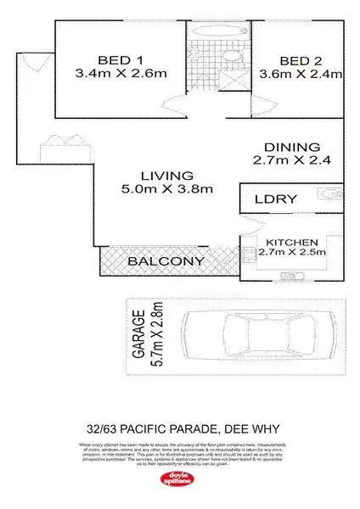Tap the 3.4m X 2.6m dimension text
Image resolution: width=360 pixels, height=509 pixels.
tap(120, 74)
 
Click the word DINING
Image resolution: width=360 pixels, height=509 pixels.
tap(291, 146)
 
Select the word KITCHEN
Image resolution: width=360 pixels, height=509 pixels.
tap(291, 241)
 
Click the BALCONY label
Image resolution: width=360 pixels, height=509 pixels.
tap(166, 261)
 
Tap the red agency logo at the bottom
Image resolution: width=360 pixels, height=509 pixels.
tap(180, 480)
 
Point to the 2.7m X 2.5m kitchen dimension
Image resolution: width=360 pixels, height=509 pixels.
tap(291, 252)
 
